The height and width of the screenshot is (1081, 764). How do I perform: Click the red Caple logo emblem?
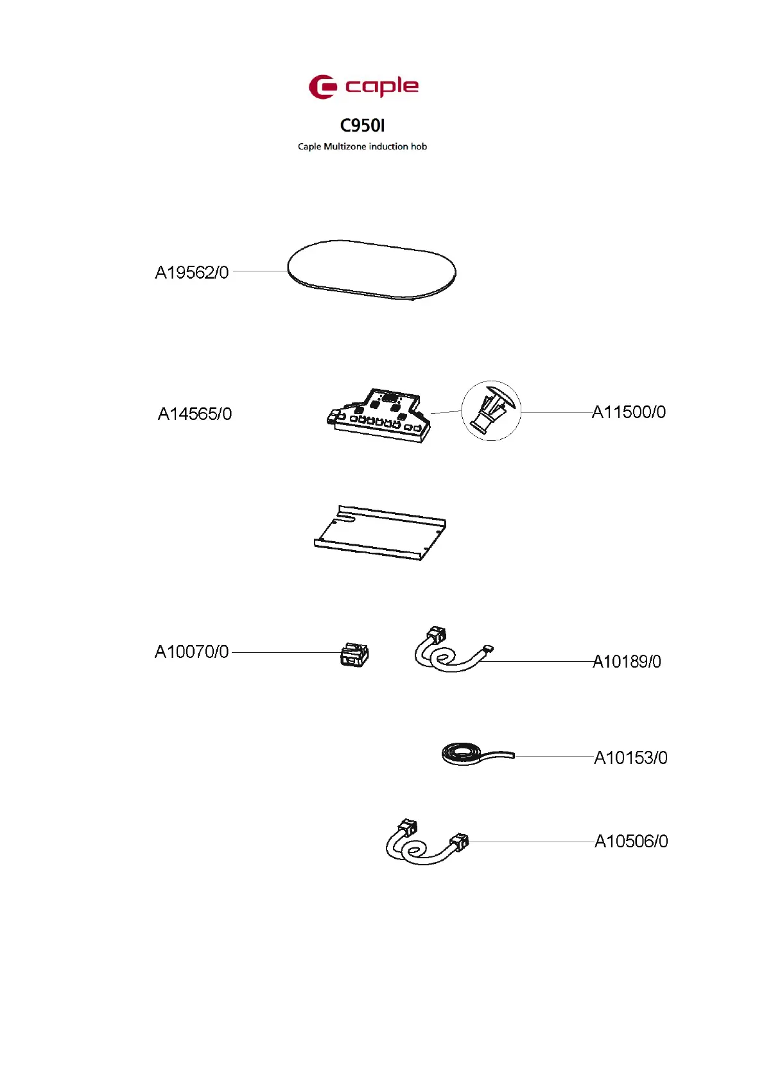pos(322,87)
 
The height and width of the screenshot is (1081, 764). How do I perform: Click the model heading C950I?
pos(362,125)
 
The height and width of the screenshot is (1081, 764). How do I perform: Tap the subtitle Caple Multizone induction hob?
pos(362,146)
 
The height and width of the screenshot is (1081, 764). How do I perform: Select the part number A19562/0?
pos(191,272)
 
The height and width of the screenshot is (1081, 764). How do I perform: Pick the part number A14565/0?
pos(195,413)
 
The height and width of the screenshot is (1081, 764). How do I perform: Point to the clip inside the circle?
pos(491,410)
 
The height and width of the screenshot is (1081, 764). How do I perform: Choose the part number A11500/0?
pos(629,411)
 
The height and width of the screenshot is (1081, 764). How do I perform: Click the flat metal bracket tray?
pos(379,533)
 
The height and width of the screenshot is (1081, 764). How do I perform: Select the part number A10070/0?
pos(191,652)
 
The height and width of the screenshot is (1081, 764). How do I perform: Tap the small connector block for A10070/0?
pos(354,654)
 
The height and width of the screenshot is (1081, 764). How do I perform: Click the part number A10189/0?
pos(627,661)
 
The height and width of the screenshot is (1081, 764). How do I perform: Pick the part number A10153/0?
pos(630,757)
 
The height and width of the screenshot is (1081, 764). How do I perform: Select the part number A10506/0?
pos(631,841)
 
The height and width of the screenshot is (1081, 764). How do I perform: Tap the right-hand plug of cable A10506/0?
pos(460,841)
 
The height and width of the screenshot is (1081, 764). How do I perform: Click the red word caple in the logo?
pos(382,87)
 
